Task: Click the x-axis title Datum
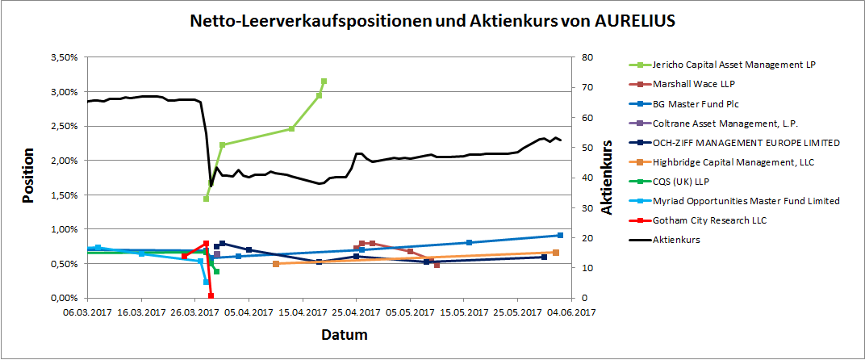click(345, 334)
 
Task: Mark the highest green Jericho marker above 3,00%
click(324, 82)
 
